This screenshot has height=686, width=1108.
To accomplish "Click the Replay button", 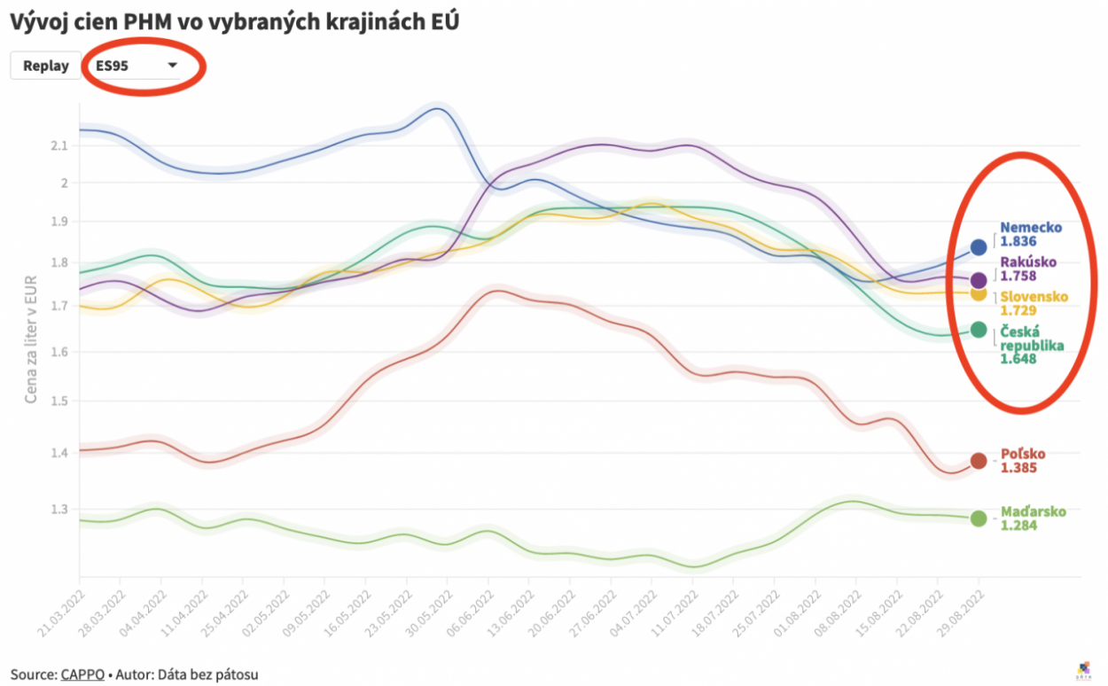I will pos(45,66).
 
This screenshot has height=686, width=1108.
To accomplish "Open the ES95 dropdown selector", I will pos(137,66).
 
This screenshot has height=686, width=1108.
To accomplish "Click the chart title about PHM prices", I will pos(234,21).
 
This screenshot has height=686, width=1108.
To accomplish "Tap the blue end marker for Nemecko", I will pos(979,247).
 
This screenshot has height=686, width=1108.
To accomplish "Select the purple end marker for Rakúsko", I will pos(979,280).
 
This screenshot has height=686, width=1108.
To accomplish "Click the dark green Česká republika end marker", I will pos(979,330).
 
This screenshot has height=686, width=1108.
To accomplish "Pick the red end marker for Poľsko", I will pos(979,461).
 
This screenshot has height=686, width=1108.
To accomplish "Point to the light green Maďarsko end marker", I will pos(979,518).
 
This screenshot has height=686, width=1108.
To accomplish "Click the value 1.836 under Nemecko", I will pos(1018,241).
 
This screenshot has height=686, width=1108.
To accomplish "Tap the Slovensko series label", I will pos(1034,297).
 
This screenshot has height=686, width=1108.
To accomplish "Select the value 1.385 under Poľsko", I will pos(1018,468).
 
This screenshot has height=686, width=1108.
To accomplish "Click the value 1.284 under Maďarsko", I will pos(1018,526).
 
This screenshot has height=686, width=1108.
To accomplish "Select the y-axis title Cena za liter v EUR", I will pos(31,339).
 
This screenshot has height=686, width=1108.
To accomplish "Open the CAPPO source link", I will pos(77,674).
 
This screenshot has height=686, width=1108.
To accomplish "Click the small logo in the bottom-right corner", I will pos(1085,670).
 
